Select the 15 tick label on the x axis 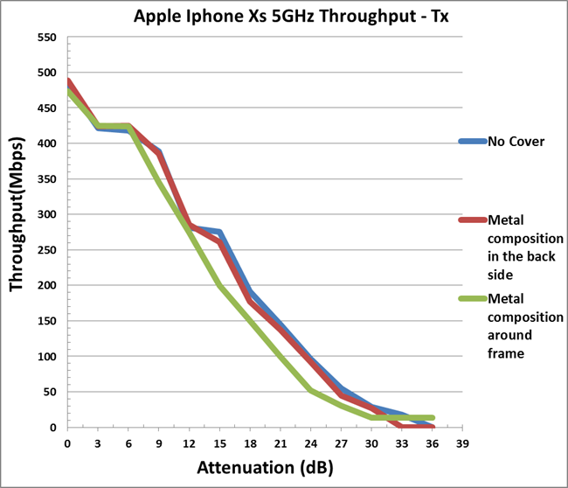coord(219,443)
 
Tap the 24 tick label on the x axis coord(311,443)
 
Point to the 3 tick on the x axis coord(98,443)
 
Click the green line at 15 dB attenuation coord(219,286)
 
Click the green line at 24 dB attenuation coord(311,390)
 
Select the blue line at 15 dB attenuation coord(219,233)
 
